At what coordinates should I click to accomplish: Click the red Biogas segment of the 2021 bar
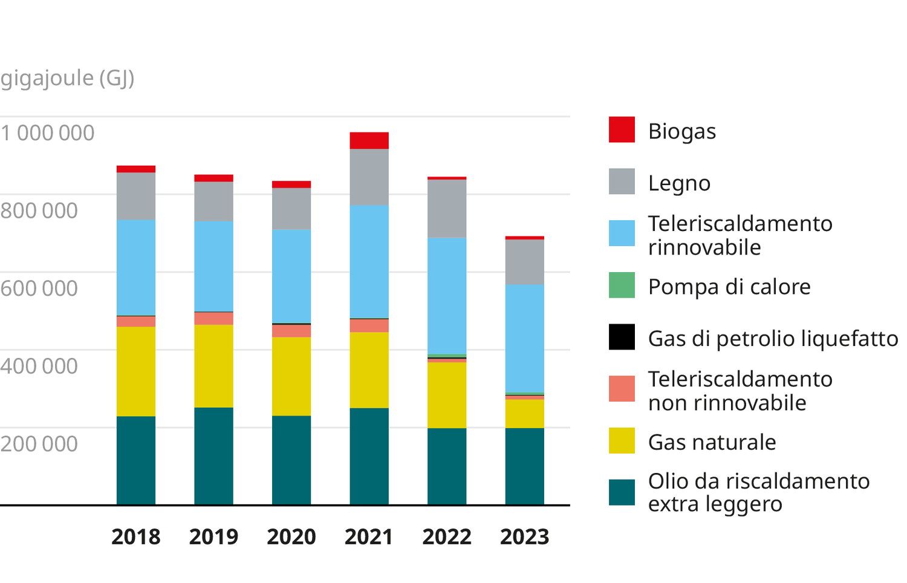[369, 140]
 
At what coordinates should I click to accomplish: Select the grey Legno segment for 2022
[447, 209]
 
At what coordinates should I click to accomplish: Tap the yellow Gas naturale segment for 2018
[136, 371]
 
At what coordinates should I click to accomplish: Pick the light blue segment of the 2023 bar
[525, 339]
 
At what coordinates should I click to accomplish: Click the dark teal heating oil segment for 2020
[291, 460]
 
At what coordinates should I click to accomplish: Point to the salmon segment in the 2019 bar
[213, 319]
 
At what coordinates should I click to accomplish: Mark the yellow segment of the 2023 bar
[525, 414]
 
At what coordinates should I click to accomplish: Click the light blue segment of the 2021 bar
[369, 262]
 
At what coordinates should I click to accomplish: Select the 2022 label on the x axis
[447, 537]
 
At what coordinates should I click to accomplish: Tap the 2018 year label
[136, 537]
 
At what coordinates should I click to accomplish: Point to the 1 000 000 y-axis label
[47, 133]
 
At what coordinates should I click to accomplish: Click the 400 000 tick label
[39, 366]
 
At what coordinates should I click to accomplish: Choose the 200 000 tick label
[39, 444]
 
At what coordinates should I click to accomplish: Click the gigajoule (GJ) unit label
[67, 78]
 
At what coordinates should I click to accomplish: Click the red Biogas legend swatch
[622, 129]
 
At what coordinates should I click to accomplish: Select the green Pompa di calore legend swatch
[622, 285]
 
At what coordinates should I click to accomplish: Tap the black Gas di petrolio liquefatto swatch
[622, 337]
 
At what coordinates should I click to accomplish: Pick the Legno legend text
[679, 183]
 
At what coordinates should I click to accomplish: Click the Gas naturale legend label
[712, 442]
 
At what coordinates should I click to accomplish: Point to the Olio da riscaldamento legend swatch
[622, 492]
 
